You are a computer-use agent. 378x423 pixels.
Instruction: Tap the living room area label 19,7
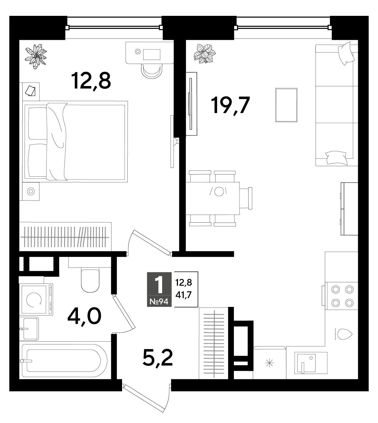(x=230, y=105)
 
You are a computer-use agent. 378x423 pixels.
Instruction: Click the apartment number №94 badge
(x=159, y=301)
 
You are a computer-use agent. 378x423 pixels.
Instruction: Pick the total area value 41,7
(x=184, y=295)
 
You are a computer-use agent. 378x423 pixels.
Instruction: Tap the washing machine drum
(x=34, y=300)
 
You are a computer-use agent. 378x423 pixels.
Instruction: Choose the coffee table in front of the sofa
(x=286, y=105)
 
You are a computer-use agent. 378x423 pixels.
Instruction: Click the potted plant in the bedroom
(x=36, y=56)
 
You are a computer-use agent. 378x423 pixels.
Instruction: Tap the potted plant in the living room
(x=204, y=53)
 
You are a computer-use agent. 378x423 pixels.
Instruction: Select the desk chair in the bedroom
(x=152, y=71)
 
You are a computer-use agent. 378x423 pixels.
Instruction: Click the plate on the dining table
(x=219, y=191)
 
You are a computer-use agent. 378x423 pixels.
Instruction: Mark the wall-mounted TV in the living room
(x=191, y=103)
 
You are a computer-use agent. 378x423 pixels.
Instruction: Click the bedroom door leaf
(x=152, y=243)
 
